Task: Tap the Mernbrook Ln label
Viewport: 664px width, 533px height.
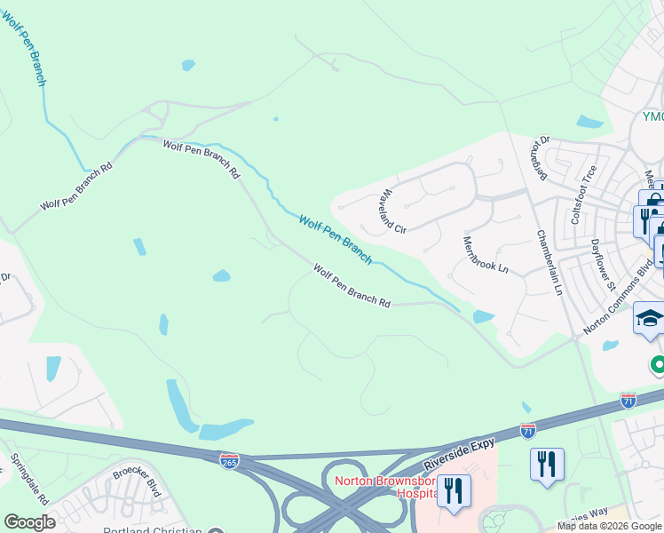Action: [486, 253]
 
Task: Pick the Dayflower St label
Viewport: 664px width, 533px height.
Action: [604, 265]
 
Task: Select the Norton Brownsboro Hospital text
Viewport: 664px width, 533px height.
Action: [385, 487]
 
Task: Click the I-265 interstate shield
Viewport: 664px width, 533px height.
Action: [229, 460]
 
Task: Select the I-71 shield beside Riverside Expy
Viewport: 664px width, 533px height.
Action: [528, 431]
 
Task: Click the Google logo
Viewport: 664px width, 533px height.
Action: [29, 522]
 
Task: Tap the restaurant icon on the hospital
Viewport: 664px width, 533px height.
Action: [454, 491]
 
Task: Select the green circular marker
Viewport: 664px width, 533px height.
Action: [658, 364]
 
